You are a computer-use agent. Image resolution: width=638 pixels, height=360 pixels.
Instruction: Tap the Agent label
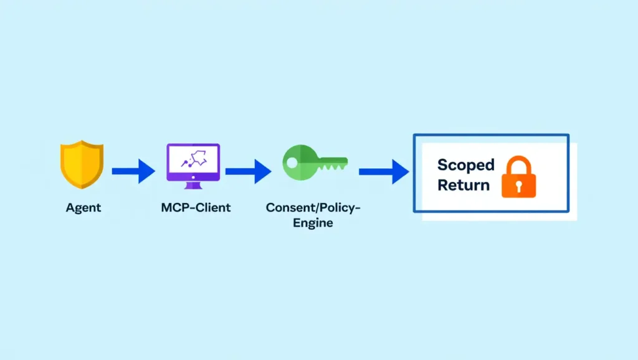point(83,207)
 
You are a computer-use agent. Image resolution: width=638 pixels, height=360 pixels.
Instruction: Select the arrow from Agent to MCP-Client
point(133,169)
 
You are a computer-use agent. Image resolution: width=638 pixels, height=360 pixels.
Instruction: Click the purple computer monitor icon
point(193,163)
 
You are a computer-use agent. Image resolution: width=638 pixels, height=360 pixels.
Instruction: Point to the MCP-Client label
point(195,207)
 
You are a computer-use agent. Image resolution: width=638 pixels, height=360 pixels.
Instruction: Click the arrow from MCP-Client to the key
point(248,169)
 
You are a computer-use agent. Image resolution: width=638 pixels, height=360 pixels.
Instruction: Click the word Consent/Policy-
point(313,207)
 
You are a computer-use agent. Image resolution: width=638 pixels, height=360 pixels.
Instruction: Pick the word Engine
point(313,223)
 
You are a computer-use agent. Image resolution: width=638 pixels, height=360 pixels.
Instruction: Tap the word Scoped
point(465,165)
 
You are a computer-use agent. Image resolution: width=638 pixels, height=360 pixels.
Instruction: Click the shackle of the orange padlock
point(519,164)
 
